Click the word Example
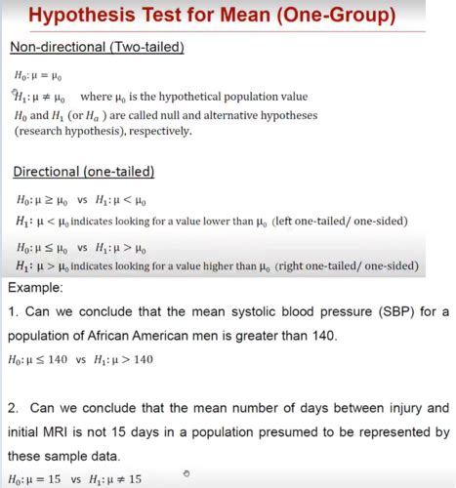(36, 288)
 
